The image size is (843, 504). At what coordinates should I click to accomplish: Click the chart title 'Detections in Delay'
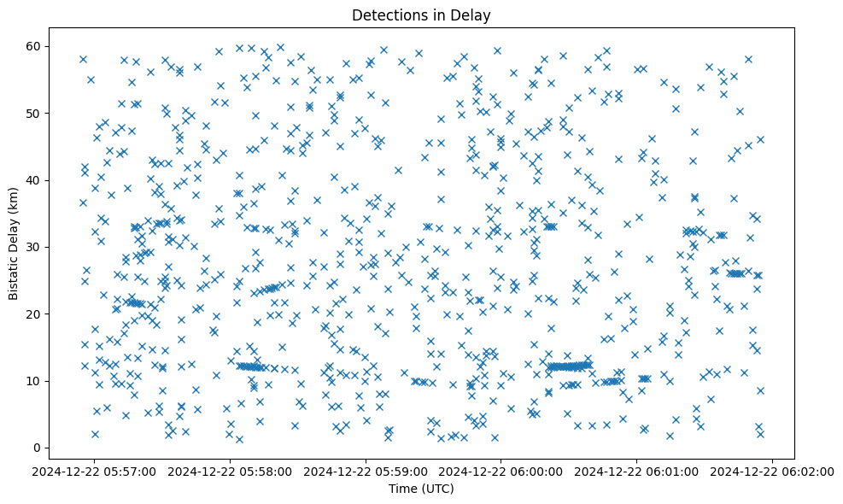click(421, 15)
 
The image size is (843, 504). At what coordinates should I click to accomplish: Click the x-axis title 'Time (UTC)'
click(421, 489)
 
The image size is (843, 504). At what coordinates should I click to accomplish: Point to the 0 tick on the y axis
click(39, 448)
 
